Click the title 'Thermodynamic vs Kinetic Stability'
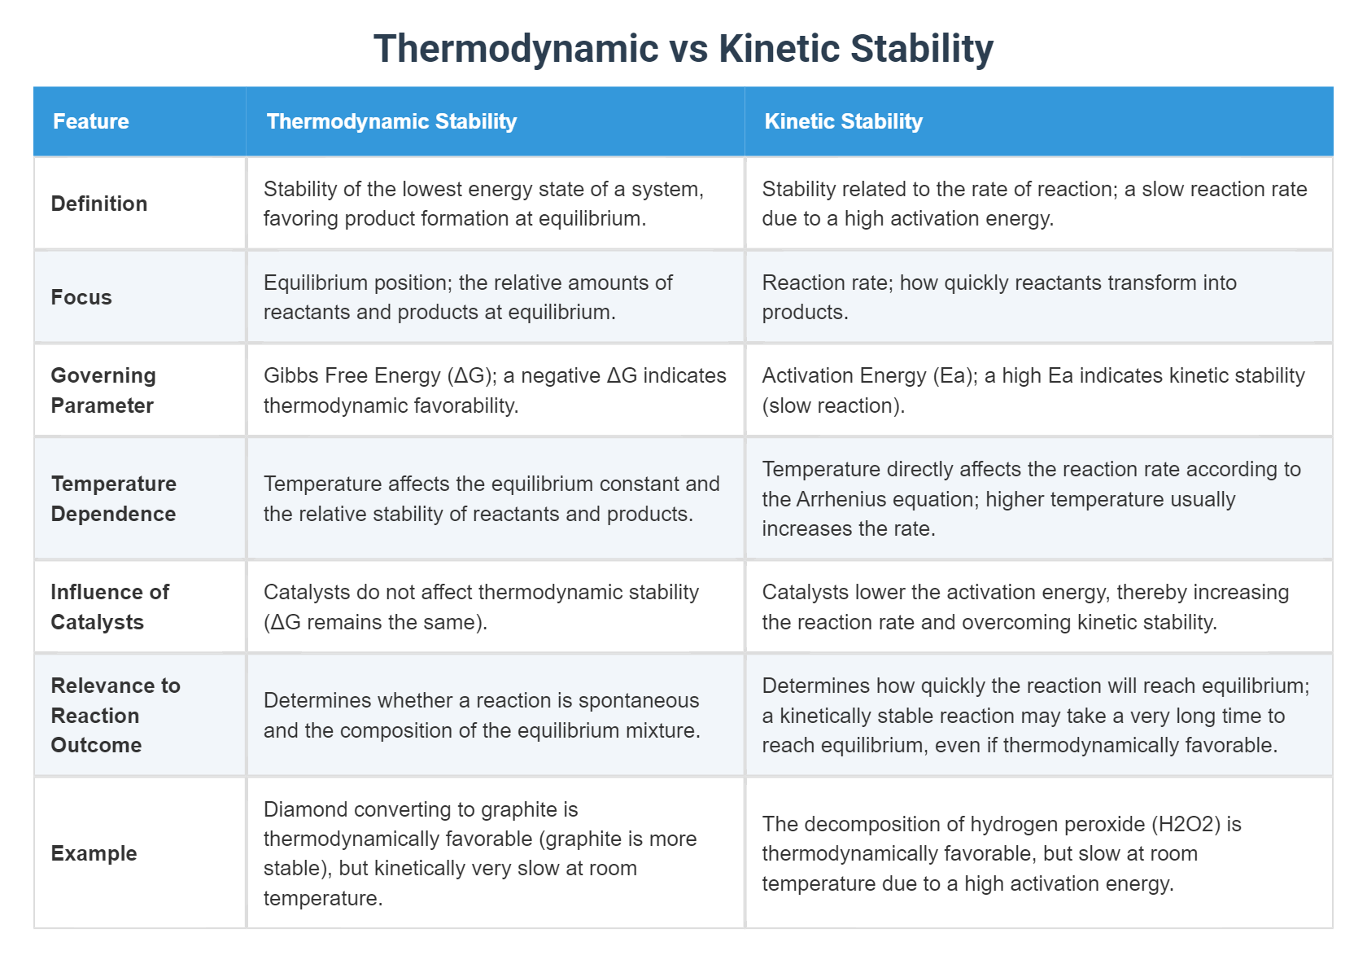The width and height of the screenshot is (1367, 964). click(x=683, y=48)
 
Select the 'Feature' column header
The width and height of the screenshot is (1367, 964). click(x=90, y=121)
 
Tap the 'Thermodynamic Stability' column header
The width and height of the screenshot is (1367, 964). click(x=391, y=121)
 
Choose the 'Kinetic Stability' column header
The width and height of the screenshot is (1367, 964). click(x=843, y=121)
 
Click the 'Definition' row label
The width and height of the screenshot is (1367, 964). click(x=99, y=204)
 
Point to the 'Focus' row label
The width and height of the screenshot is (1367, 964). click(x=81, y=297)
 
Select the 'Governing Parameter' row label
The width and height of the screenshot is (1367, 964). click(x=103, y=390)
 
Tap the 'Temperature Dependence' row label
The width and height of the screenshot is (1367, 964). click(x=113, y=498)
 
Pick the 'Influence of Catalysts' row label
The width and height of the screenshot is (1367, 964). click(x=109, y=607)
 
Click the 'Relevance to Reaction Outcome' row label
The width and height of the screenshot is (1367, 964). click(x=115, y=715)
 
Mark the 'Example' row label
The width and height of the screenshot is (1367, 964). click(x=94, y=853)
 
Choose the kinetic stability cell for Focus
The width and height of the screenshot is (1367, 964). click(x=1037, y=297)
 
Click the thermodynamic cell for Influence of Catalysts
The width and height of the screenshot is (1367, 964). click(x=496, y=607)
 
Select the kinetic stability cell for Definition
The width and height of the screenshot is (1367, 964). click(x=1037, y=204)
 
